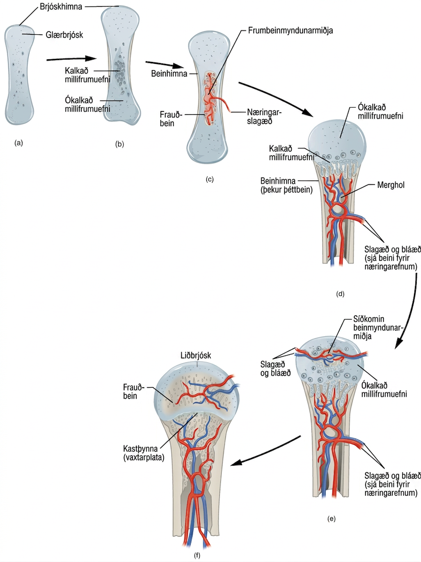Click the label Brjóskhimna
pyautogui.click(x=61, y=7)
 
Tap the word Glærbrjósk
pyautogui.click(x=64, y=35)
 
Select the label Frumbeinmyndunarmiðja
pyautogui.click(x=291, y=30)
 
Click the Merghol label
pyautogui.click(x=391, y=185)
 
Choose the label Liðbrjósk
pyautogui.click(x=196, y=355)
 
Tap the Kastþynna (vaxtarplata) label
pyautogui.click(x=143, y=453)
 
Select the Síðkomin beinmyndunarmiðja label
pyautogui.click(x=378, y=327)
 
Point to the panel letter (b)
pyautogui.click(x=120, y=145)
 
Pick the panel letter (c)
pyautogui.click(x=210, y=179)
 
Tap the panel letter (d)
pyautogui.click(x=340, y=294)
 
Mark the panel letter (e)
pyautogui.click(x=331, y=519)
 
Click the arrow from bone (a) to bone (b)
pyautogui.click(x=71, y=59)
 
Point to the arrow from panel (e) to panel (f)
pyautogui.click(x=265, y=451)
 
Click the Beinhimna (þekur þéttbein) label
pyautogui.click(x=286, y=185)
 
